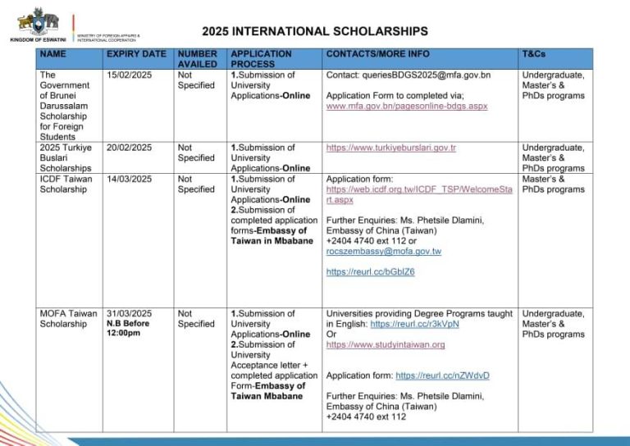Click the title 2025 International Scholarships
(x=315, y=32)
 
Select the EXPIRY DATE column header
(x=136, y=54)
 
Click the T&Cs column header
(x=533, y=54)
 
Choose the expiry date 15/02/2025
(x=130, y=75)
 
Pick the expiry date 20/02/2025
(x=130, y=148)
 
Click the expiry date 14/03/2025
(x=130, y=179)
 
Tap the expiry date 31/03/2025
(x=130, y=313)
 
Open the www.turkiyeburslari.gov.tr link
(x=390, y=148)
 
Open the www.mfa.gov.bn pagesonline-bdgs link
(x=407, y=106)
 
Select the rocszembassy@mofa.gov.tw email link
(x=383, y=252)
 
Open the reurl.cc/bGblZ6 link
(x=370, y=272)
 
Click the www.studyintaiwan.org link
(x=386, y=344)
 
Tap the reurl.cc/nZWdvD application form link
(x=442, y=375)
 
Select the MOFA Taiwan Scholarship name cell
(x=68, y=318)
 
